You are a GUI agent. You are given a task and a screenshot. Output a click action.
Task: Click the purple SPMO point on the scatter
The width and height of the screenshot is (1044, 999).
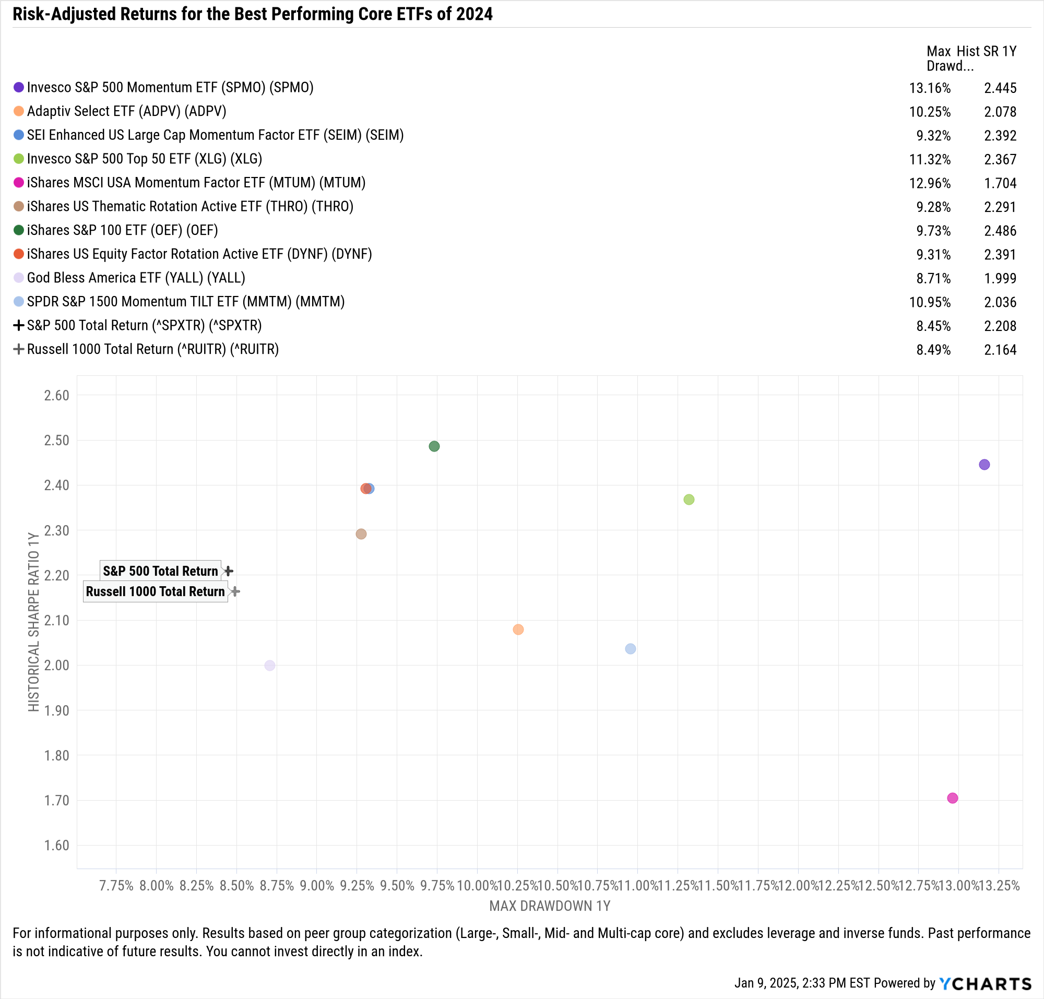coord(984,465)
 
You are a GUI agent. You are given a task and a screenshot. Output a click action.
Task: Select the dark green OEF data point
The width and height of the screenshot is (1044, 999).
coord(434,446)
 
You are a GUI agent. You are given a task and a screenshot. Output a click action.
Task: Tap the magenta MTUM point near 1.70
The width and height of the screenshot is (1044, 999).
coord(952,798)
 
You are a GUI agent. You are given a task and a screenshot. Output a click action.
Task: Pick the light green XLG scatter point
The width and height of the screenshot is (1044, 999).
coord(689,499)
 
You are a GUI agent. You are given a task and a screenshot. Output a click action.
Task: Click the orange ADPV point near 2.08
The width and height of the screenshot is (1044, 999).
coord(518,629)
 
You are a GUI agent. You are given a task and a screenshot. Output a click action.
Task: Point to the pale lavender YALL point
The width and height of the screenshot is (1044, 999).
coord(269,665)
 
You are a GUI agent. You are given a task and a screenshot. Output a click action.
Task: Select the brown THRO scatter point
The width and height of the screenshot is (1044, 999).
coord(361,533)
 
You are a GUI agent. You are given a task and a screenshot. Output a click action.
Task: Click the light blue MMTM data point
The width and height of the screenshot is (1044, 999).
coord(630,649)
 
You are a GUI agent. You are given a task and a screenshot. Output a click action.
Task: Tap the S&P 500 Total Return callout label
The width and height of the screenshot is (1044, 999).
coord(160,571)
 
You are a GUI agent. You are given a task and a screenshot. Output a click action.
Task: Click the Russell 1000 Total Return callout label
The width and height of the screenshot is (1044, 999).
coord(155,592)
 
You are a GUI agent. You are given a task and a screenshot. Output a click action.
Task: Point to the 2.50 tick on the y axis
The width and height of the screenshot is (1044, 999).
coord(56,441)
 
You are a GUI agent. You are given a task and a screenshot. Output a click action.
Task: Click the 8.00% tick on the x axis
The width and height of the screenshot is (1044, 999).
coord(156,886)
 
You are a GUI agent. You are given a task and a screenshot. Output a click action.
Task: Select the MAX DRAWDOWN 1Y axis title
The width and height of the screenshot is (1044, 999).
coord(549,906)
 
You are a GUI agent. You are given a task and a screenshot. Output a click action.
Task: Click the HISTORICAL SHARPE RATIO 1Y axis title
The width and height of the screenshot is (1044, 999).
coord(34,621)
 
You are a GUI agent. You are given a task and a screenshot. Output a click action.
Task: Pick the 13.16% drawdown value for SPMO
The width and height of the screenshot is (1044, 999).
coord(930,88)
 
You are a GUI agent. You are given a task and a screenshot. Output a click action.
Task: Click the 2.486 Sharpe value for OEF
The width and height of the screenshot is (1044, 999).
coord(1000,231)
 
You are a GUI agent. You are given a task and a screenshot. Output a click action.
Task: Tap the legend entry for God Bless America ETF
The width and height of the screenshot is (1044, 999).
coord(136,278)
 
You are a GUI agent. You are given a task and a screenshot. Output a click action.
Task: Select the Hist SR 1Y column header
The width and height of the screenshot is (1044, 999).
coord(986,51)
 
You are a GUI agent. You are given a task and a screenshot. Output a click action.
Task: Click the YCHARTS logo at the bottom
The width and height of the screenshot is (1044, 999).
coord(986,983)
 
